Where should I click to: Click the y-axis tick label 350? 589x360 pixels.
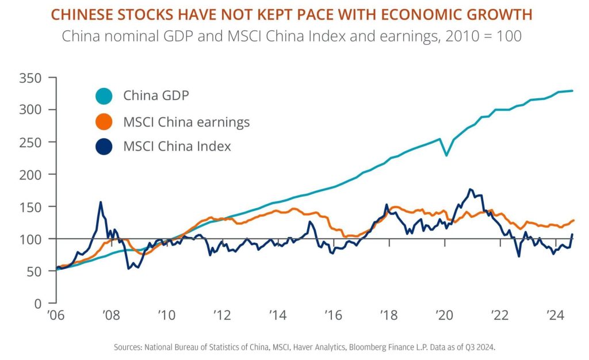coord(32,77)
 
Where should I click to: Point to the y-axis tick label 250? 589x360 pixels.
coord(32,141)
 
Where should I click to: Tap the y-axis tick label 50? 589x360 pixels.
coord(36,270)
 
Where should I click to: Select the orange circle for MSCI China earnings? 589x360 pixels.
coord(105,121)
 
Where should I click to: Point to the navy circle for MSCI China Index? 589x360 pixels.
coord(105,147)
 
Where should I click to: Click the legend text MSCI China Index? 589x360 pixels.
coord(177,147)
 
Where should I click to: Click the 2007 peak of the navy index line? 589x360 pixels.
coord(101,202)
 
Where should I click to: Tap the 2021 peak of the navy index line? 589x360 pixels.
coord(471,189)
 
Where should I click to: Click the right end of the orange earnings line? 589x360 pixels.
coord(573,220)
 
